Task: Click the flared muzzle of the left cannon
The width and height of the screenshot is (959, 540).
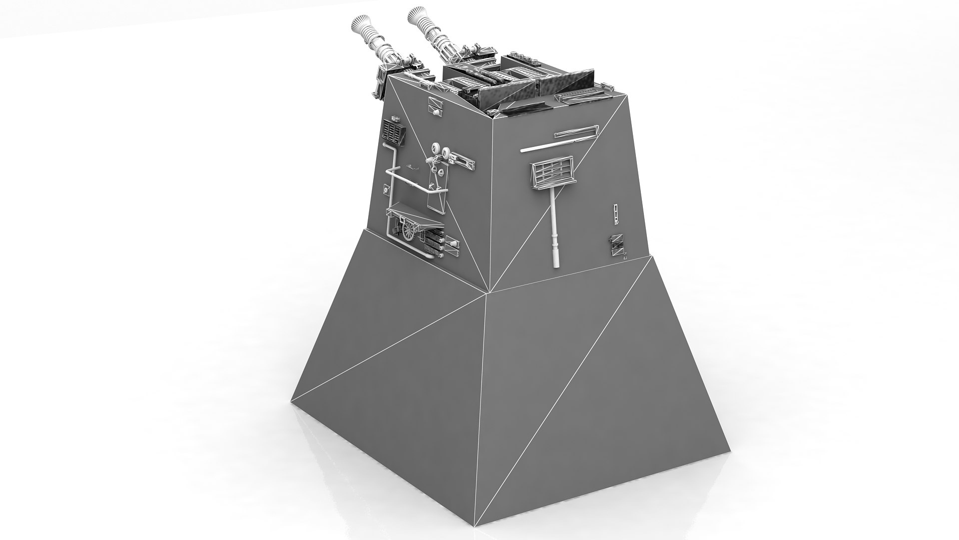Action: [361, 23]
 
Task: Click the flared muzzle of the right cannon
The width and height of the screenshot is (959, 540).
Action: [417, 16]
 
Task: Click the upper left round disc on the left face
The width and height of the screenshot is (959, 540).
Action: [435, 148]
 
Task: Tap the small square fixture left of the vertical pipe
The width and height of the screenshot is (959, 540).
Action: [386, 189]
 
